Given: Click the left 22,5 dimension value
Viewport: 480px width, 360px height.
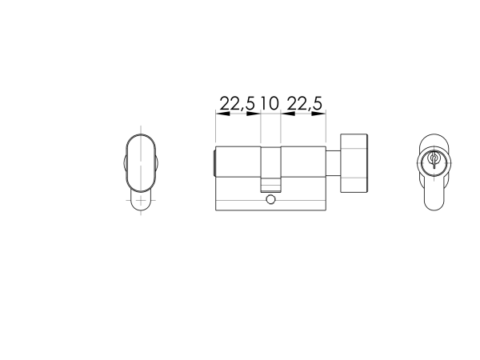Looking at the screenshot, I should tap(238, 103).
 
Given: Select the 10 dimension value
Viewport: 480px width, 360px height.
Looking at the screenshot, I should tap(269, 103).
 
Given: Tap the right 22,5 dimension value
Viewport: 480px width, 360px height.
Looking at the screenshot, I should tap(304, 103).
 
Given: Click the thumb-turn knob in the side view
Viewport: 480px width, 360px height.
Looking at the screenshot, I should tap(354, 163).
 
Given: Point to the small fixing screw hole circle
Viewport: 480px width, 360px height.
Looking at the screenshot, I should tap(271, 200).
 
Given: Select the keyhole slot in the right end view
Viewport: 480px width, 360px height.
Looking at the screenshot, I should tap(433, 160).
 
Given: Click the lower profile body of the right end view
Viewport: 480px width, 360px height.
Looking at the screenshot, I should tap(433, 192).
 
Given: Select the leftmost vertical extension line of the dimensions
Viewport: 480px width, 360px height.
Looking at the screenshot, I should tap(216, 128).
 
